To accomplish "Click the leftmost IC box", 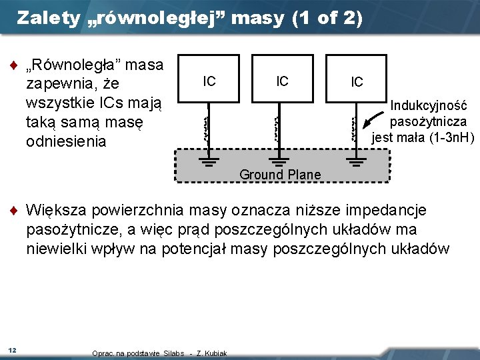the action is pyautogui.click(x=209, y=81).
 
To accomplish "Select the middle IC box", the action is pyautogui.click(x=282, y=81).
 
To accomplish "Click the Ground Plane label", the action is pyautogui.click(x=280, y=175).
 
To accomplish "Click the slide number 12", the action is pyautogui.click(x=12, y=350).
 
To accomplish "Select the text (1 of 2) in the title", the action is pyautogui.click(x=327, y=18).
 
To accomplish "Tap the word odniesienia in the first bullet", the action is pyautogui.click(x=65, y=141).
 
